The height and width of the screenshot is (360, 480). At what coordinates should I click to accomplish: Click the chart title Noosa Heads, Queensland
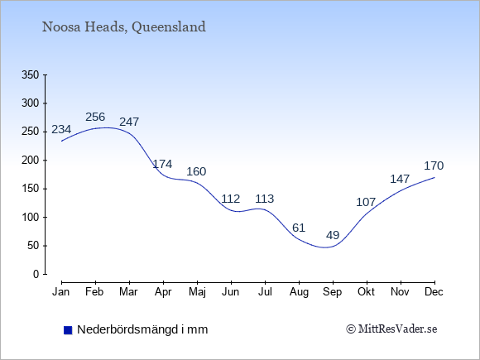tap(123, 27)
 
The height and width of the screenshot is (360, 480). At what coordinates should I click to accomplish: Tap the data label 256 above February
tap(95, 117)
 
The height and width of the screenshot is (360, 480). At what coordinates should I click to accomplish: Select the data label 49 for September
tap(333, 235)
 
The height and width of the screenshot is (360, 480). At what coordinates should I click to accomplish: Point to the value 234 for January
tap(61, 129)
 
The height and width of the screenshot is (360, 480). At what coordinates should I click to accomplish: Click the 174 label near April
tap(162, 164)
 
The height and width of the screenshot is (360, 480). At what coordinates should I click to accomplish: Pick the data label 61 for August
tap(299, 228)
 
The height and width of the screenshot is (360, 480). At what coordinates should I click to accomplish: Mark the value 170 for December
tap(434, 166)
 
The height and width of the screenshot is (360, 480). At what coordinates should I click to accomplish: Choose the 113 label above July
tap(265, 199)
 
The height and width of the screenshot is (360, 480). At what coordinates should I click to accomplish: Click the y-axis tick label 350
tap(31, 74)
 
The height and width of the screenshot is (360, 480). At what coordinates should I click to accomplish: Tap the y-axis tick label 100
tap(31, 218)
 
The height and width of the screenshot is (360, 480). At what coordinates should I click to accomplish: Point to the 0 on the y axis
tap(36, 274)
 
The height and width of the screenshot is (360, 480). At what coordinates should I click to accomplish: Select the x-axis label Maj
tap(197, 292)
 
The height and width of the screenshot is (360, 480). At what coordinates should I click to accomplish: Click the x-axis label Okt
tap(366, 292)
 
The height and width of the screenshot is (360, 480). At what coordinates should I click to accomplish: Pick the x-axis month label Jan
tap(61, 292)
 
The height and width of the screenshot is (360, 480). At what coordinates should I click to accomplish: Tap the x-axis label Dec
tap(434, 292)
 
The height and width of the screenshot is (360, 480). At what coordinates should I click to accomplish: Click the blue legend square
tap(68, 330)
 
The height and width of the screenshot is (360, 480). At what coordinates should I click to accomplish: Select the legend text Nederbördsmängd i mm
tap(142, 329)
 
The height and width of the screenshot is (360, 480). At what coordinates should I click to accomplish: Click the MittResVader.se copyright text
tap(391, 329)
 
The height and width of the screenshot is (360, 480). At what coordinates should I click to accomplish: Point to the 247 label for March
tap(129, 122)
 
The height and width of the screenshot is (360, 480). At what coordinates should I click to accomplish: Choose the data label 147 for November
tap(400, 179)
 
